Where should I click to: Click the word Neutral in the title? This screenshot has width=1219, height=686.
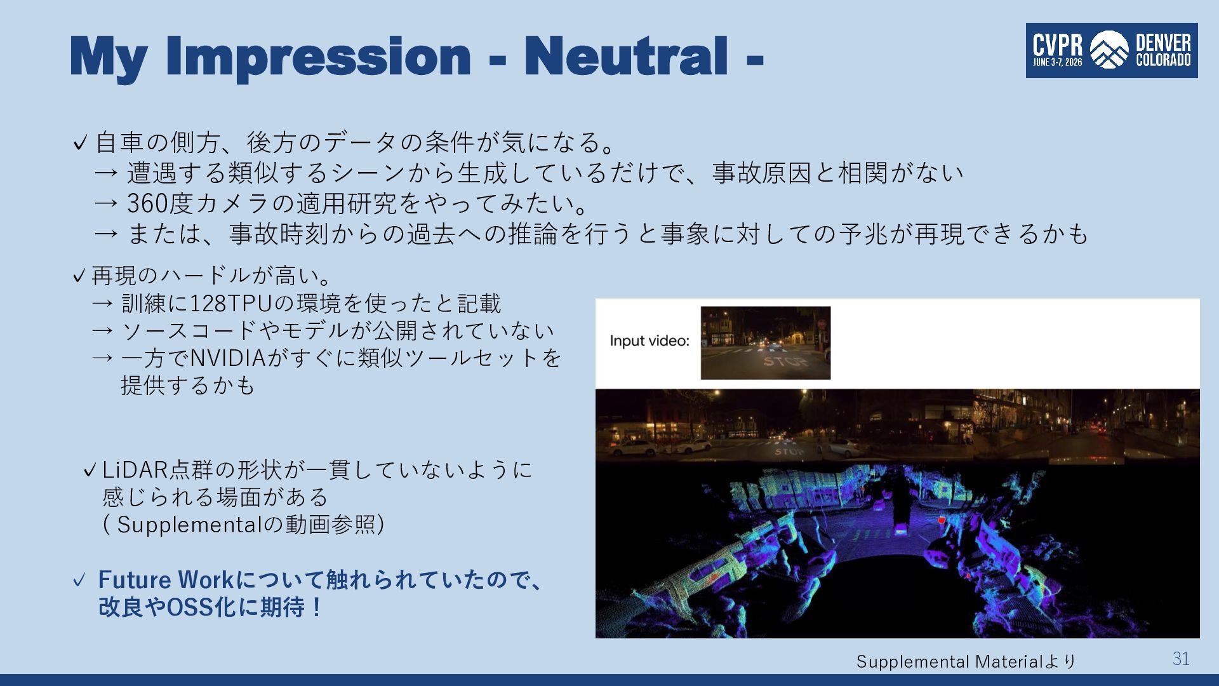point(626,56)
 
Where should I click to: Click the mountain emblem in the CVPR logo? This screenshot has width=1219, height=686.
point(1109,50)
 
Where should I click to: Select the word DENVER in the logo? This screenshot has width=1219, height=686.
point(1163,43)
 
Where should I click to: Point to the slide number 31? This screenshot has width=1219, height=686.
point(1181,659)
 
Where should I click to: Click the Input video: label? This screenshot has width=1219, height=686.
point(649,340)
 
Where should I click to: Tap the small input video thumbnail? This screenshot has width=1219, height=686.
point(766,343)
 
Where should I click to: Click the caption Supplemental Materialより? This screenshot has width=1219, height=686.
point(966,662)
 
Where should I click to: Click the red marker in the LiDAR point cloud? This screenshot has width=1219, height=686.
point(942,520)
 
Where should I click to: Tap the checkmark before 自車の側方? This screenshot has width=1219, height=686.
point(80,143)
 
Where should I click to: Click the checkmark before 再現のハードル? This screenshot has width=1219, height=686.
point(79,276)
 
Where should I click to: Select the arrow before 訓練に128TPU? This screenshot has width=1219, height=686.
point(103,304)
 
